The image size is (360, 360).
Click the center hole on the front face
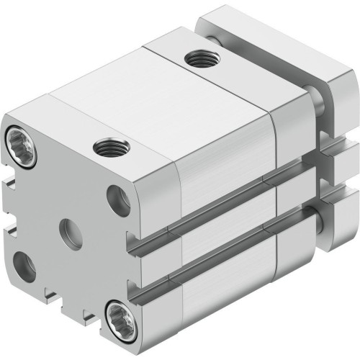(71, 234)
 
